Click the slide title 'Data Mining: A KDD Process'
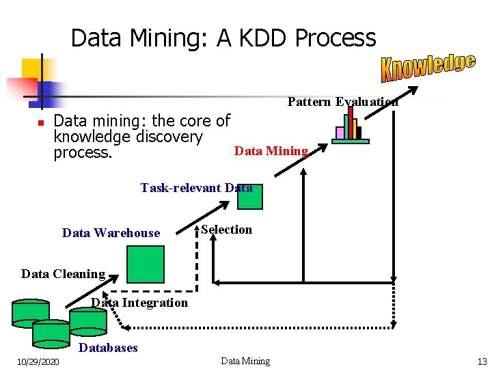coord(223,38)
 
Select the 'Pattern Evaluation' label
coord(342,102)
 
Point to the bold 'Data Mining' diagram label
coord(271,151)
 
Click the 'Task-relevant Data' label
coord(196,188)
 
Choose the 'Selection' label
coord(227,230)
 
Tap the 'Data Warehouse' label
coord(111,233)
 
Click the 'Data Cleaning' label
coord(63,274)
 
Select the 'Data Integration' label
coord(139,303)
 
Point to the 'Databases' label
coord(109,348)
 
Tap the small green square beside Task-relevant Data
coord(249,196)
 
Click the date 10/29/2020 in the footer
coord(38,361)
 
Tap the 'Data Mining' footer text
coord(245,361)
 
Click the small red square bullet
coord(40,123)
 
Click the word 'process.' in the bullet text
coord(83,152)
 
